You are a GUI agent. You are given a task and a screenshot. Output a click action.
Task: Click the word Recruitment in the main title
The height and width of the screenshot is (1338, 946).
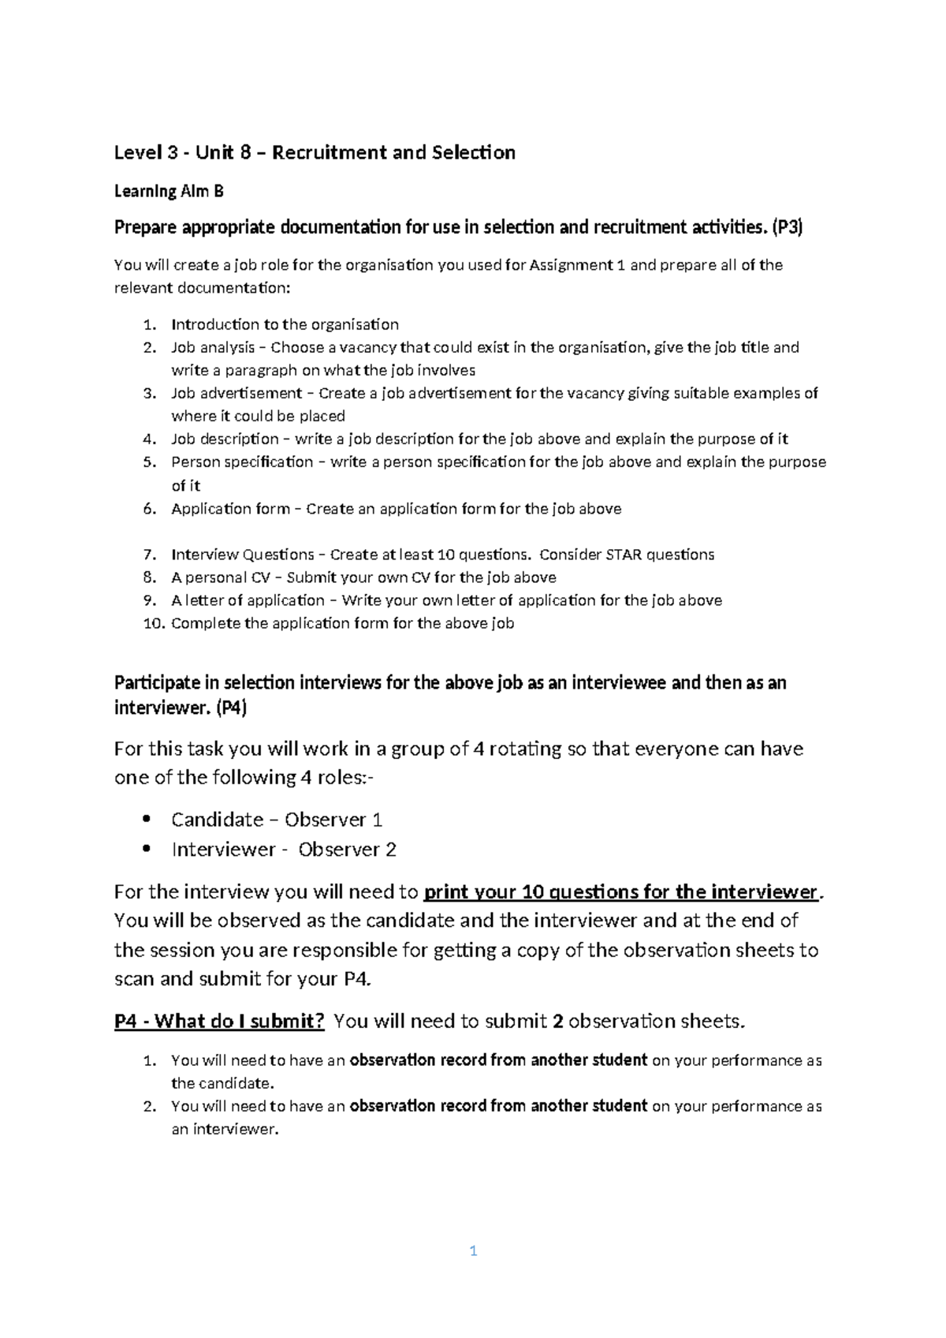(330, 152)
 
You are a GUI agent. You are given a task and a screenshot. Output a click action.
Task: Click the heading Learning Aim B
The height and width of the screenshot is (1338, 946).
(169, 191)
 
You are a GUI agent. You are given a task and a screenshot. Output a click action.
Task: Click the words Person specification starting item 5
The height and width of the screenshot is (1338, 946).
(242, 462)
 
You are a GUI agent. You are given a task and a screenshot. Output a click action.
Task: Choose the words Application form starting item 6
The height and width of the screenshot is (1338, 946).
(230, 509)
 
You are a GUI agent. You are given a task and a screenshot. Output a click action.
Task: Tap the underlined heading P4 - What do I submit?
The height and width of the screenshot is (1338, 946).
(219, 1022)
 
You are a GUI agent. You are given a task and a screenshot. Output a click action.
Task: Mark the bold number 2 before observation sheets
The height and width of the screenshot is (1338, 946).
(557, 1022)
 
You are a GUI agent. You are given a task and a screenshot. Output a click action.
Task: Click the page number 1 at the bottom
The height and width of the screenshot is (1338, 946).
(473, 1250)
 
